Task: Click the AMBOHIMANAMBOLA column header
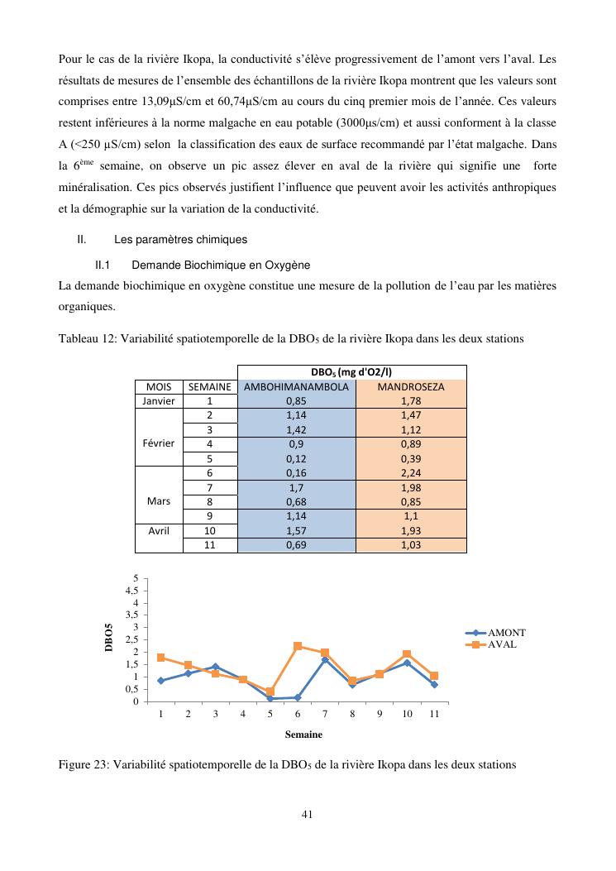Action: coord(296,386)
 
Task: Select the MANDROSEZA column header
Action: coord(411,386)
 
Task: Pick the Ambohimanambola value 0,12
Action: coord(296,458)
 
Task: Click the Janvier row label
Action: coord(159,400)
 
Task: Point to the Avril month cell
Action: coord(159,531)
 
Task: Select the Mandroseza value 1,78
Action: coord(411,400)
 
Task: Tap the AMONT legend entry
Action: coord(507,633)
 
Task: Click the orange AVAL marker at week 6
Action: coord(298,646)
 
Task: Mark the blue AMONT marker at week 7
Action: coord(325,660)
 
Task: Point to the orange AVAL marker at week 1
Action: coord(160,658)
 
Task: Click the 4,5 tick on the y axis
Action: coord(132,591)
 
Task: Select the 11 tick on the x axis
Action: coord(434,714)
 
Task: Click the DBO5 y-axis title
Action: coord(109,639)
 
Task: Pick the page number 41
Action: coord(307,815)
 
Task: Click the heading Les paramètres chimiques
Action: coord(180,240)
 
